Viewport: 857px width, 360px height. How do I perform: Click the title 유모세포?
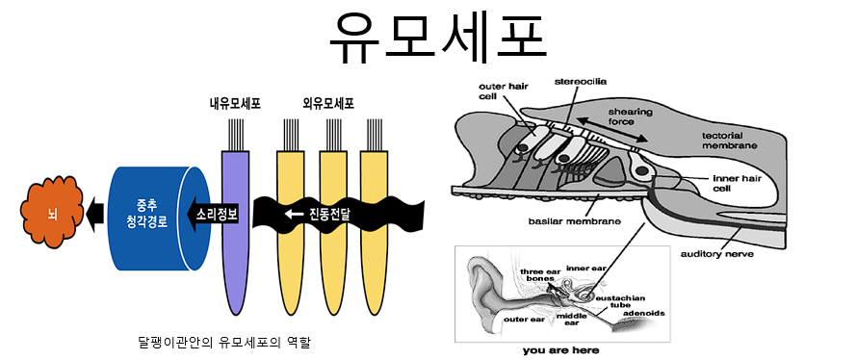[438, 36]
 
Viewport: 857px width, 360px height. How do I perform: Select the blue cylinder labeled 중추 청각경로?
[160, 219]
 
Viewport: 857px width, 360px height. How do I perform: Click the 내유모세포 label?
[235, 104]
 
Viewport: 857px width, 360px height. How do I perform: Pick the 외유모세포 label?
[328, 104]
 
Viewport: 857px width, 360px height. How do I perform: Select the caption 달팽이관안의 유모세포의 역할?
[224, 343]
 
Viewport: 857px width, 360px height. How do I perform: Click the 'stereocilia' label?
[581, 82]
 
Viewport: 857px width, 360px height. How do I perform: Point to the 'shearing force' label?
[622, 116]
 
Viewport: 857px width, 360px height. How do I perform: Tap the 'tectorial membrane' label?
[730, 141]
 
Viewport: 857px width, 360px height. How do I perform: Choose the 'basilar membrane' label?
[575, 221]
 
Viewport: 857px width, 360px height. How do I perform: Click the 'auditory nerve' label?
[716, 254]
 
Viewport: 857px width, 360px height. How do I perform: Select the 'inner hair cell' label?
[735, 183]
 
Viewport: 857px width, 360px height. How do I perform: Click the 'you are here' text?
[560, 350]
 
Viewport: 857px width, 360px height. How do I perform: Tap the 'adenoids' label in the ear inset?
[644, 314]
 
